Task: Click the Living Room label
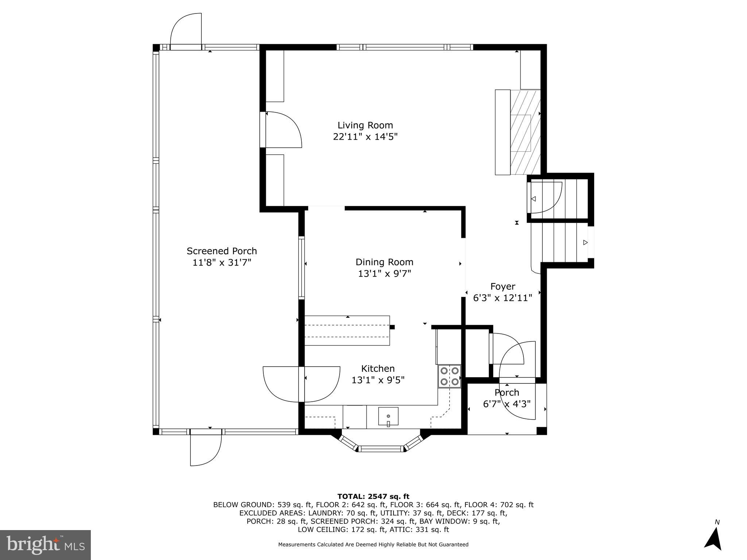click(x=365, y=125)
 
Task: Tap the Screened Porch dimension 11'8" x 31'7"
click(x=222, y=263)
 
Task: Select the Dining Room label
click(x=384, y=262)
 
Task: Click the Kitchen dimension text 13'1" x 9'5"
click(x=378, y=380)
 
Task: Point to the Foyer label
click(x=503, y=286)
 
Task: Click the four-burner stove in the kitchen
click(x=449, y=376)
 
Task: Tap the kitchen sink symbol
click(x=388, y=416)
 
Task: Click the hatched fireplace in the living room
click(x=525, y=132)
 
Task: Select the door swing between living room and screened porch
click(x=283, y=130)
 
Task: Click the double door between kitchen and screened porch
click(x=301, y=384)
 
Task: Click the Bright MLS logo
click(x=45, y=545)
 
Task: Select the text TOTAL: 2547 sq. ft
click(x=373, y=496)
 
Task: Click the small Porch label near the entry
click(x=507, y=393)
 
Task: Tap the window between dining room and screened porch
click(x=302, y=268)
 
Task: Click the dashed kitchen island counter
click(x=347, y=331)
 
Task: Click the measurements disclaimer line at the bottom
click(x=373, y=544)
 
